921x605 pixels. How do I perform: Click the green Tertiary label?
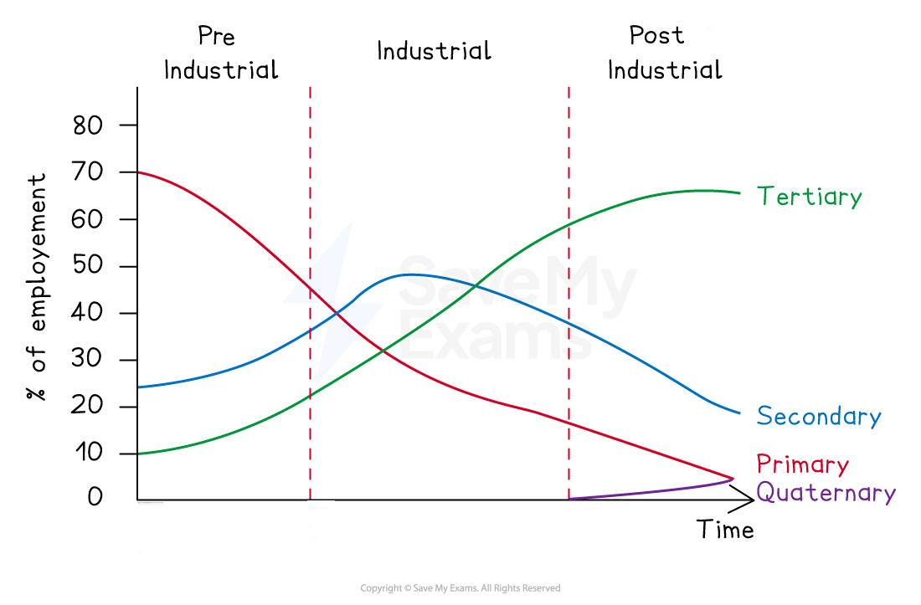[809, 197]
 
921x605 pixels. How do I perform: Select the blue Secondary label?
[818, 416]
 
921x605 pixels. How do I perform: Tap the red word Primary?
[802, 464]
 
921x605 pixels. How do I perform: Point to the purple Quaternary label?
[826, 492]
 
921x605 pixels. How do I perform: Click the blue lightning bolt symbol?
[334, 302]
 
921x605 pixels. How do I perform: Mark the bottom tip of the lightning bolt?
[316, 382]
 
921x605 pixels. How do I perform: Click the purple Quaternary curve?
[653, 492]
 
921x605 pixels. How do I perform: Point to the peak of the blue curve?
[409, 274]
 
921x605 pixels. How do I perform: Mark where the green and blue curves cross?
[476, 286]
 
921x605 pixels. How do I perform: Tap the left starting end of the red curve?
[139, 172]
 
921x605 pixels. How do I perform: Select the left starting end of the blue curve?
[139, 387]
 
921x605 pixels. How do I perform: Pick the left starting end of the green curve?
[139, 454]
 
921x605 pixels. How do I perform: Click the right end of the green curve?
[740, 192]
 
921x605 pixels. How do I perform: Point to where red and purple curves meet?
[733, 478]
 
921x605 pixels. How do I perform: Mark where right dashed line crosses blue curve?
[569, 322]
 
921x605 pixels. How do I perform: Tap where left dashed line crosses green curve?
[310, 394]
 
